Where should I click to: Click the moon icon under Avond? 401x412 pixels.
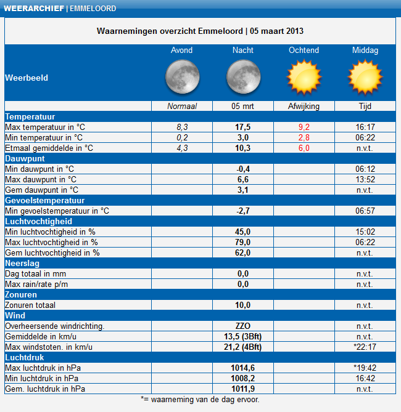coord(182,77)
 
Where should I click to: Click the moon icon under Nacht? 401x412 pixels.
coord(243,77)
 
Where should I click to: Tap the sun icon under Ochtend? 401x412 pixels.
coord(304,77)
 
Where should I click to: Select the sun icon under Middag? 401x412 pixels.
coord(365,77)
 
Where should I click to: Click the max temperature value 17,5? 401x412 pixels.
coord(242,127)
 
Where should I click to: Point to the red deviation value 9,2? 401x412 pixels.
coord(304,127)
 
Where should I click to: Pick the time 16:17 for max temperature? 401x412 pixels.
coord(365,127)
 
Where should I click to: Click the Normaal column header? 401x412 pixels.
coord(182,106)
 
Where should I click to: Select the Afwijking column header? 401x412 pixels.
coord(304,106)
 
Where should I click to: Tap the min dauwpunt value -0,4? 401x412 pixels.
coord(242,169)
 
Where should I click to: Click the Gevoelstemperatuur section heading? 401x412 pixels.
coord(45,201)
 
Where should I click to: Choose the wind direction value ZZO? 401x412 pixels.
coord(242,326)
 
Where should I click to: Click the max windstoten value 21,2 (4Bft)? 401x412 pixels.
coord(242,347)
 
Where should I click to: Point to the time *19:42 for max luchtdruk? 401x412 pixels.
coord(365,368)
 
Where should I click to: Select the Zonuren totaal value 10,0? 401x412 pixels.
coord(242,305)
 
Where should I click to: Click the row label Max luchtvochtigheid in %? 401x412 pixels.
coord(51,242)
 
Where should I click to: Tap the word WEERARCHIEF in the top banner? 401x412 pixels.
coord(34,9)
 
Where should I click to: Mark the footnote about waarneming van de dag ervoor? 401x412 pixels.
coord(200,400)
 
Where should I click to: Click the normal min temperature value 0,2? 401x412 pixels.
coord(182,138)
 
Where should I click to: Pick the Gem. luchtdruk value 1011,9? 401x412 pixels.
coord(242,389)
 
